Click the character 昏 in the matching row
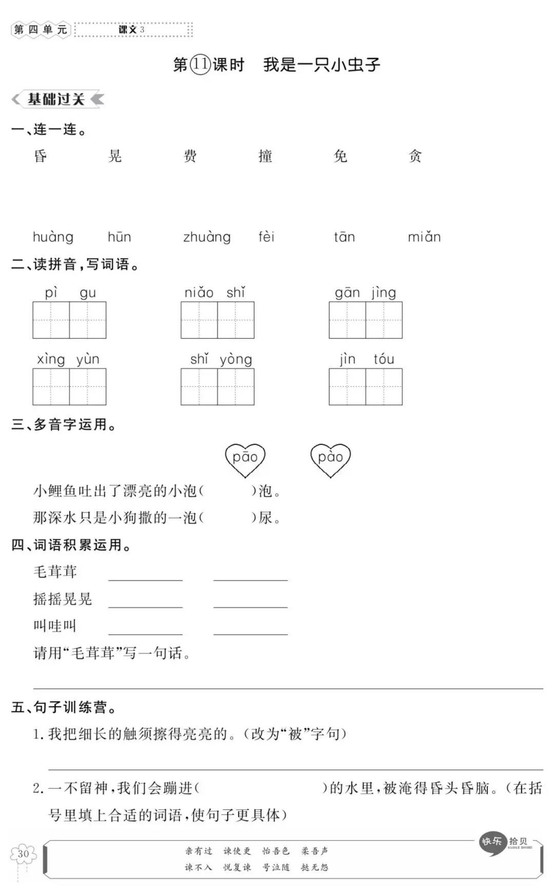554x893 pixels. click(41, 156)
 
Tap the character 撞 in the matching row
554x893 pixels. click(265, 156)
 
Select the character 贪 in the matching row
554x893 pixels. click(415, 156)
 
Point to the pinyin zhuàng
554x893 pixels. click(207, 237)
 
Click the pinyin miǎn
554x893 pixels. click(424, 237)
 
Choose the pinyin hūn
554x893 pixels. click(120, 237)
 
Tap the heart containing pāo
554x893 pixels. click(245, 458)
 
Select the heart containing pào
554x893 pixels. click(330, 458)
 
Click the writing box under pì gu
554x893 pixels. click(69, 320)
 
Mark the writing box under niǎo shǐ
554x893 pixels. click(217, 320)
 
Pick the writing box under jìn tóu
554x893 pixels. click(366, 387)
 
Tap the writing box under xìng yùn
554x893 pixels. click(69, 387)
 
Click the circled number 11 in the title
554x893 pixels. click(201, 65)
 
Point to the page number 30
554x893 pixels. click(23, 854)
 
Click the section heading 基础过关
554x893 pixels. click(56, 99)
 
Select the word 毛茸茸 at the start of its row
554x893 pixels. click(55, 572)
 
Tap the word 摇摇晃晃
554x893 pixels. click(62, 599)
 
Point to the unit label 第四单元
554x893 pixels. click(41, 30)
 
